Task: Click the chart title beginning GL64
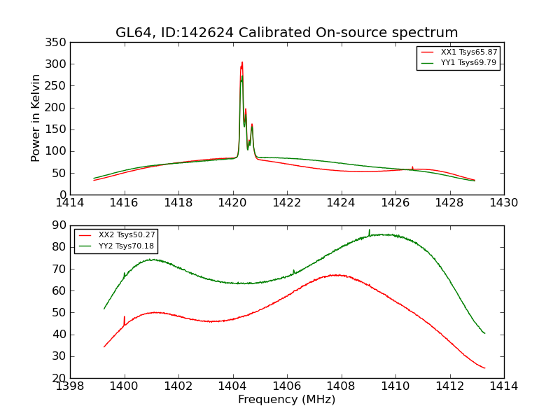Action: [287, 33]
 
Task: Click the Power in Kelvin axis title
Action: [36, 118]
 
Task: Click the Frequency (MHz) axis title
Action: [287, 400]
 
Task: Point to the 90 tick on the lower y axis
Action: [60, 225]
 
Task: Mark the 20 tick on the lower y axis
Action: [60, 378]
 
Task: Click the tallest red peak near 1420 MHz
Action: [242, 63]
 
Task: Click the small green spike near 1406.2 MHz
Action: [293, 270]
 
